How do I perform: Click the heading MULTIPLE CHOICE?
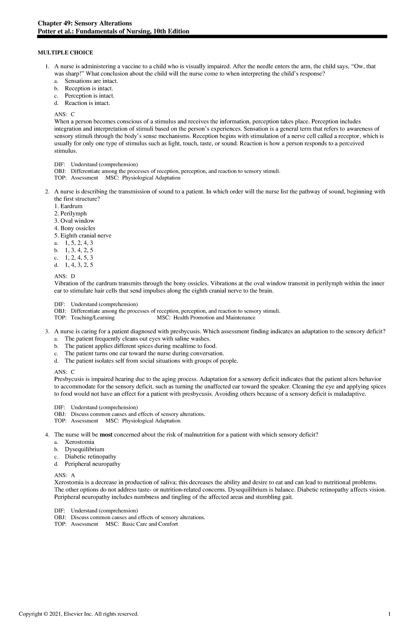tap(65, 53)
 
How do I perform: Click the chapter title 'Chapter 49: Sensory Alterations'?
tap(85, 23)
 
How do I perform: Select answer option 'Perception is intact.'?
tap(89, 96)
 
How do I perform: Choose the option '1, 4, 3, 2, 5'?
tap(79, 265)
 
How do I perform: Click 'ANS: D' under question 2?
tap(64, 276)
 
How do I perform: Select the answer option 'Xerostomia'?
tap(79, 442)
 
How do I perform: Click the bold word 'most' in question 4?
tap(106, 435)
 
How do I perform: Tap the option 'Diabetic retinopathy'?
tap(90, 456)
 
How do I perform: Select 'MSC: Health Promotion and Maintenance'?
tap(206, 318)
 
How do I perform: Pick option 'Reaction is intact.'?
tap(87, 103)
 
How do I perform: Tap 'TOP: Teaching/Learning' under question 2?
tap(84, 318)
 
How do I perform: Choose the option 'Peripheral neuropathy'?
tap(92, 464)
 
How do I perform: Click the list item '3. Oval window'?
tap(74, 221)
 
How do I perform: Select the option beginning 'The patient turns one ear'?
tap(144, 353)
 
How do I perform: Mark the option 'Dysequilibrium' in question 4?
tap(84, 449)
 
